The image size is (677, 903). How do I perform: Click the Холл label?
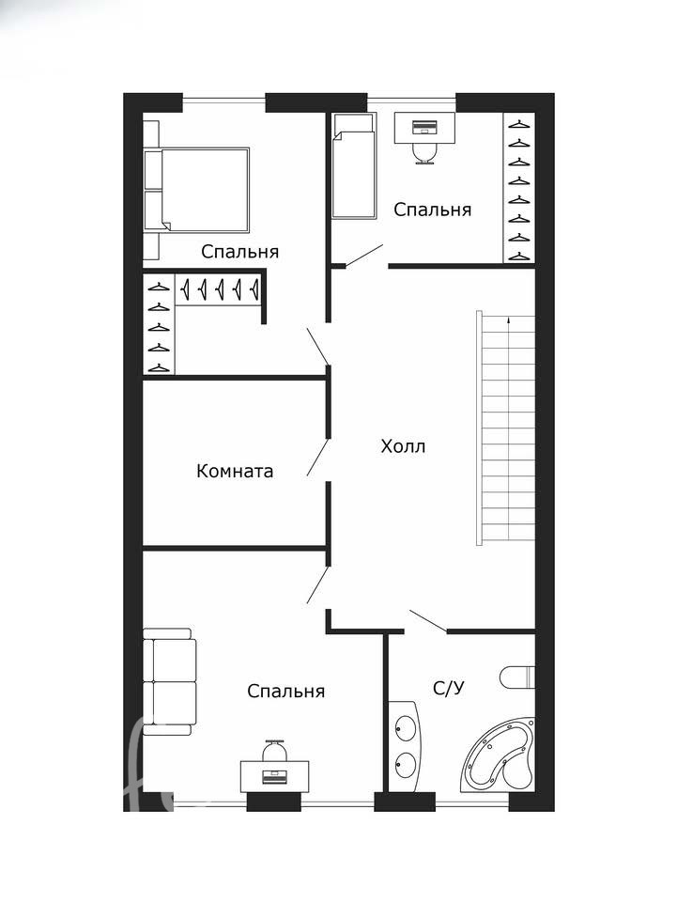[x=403, y=446]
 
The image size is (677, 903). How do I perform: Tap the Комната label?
[x=235, y=471]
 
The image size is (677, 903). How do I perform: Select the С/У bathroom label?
[x=449, y=688]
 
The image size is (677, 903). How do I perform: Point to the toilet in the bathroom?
[x=517, y=677]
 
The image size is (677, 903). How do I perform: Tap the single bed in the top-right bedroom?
[x=354, y=166]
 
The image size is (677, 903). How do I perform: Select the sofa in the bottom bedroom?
[x=169, y=682]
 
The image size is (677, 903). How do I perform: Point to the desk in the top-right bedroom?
[x=424, y=127]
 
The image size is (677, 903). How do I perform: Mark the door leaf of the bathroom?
[x=428, y=621]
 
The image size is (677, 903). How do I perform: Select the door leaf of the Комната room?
[x=317, y=458]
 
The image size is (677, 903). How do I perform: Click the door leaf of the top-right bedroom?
[x=364, y=256]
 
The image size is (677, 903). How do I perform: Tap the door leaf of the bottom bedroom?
[x=317, y=584]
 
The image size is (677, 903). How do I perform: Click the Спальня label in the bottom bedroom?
[x=286, y=691]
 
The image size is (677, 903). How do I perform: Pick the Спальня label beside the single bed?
[x=432, y=210]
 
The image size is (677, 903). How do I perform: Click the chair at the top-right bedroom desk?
[x=425, y=153]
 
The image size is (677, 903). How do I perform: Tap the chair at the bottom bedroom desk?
[x=274, y=751]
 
